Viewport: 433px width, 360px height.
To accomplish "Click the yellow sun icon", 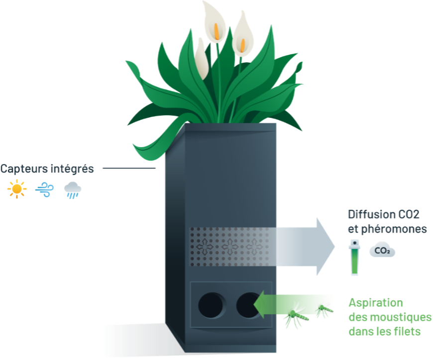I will coord(17,189).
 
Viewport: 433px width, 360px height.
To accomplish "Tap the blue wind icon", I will coord(45,189).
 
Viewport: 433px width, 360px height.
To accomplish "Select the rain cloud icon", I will coord(73,189).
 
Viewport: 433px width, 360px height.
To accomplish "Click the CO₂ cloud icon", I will coord(382,251).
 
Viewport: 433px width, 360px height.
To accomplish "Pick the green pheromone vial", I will coord(354,257).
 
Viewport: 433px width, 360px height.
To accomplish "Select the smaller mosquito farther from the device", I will coord(324,310).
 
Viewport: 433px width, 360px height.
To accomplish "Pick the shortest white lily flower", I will coord(202,60).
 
